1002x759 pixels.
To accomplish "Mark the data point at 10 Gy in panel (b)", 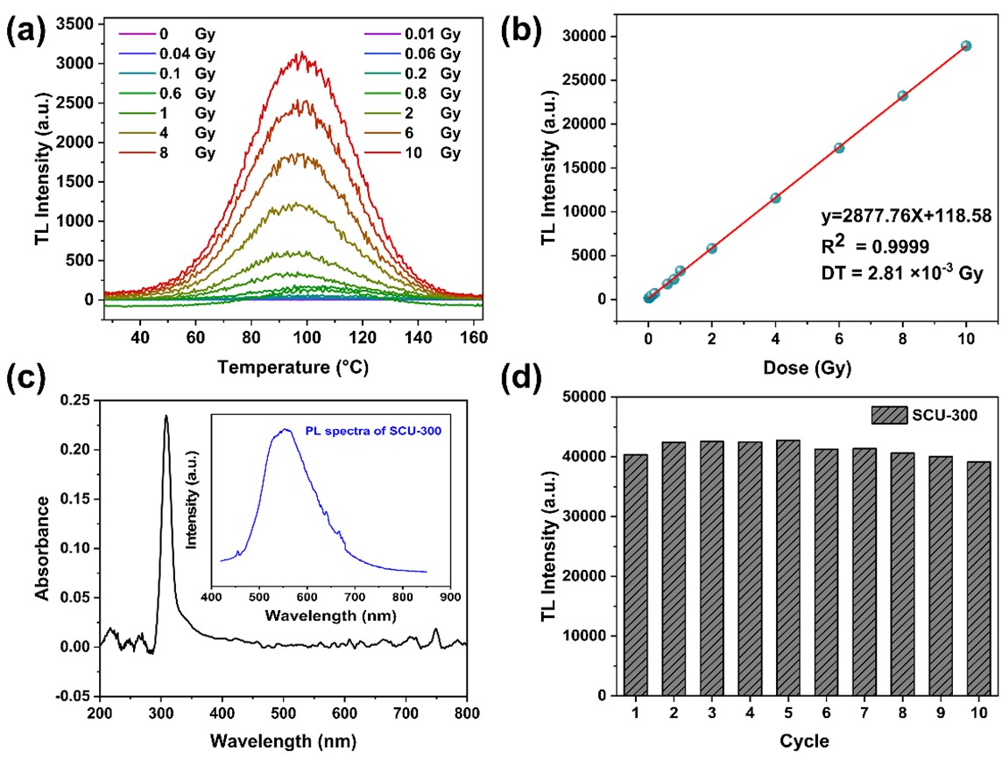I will tap(966, 46).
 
